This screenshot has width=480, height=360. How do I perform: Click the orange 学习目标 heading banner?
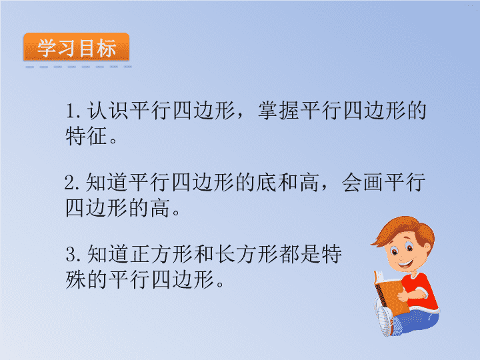point(77,47)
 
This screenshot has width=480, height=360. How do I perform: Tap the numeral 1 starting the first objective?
point(71,111)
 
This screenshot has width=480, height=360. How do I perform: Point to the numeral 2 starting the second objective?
point(70,183)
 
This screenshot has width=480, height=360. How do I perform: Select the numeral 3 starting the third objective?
point(71,255)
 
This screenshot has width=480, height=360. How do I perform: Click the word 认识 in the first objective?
point(107,110)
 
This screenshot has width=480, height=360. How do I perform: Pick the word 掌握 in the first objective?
point(279,110)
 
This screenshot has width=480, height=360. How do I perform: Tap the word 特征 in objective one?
point(86,135)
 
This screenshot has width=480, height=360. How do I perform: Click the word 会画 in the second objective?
point(362,183)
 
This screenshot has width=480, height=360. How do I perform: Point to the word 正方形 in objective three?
point(161,255)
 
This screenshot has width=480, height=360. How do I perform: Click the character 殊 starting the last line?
point(75,279)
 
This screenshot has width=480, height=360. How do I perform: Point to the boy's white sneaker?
point(385,320)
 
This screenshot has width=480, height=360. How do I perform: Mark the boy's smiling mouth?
point(406,263)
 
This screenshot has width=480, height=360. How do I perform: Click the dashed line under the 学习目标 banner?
point(79,67)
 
